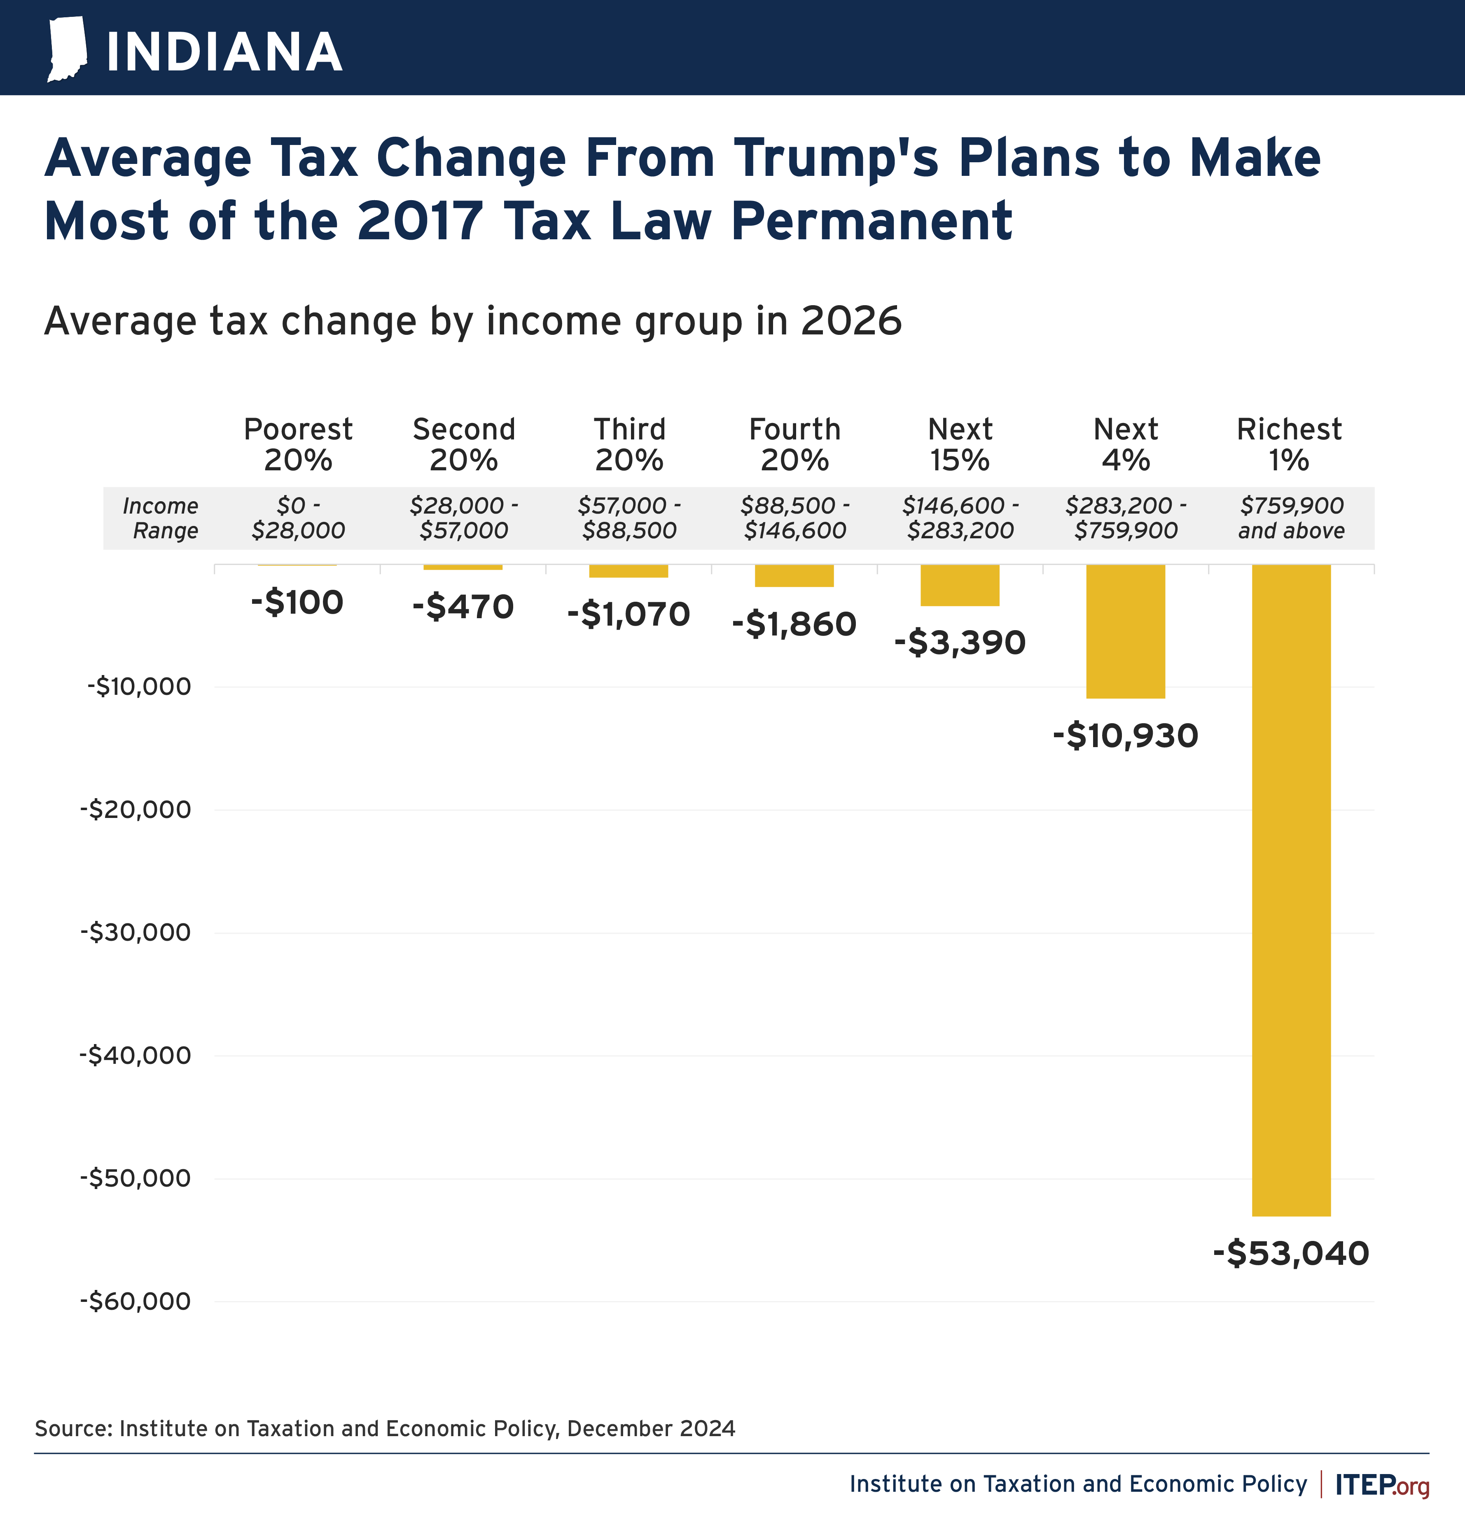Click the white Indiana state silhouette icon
coord(67,49)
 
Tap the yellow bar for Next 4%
coord(1125,631)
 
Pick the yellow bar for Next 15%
coord(960,585)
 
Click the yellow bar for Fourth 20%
coord(794,575)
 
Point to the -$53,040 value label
coord(1291,1253)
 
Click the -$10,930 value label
coord(1125,736)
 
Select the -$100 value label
coord(297,602)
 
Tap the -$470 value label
coord(463,607)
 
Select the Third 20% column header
coord(629,444)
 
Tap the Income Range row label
coord(161,518)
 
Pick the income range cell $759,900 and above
coord(1292,518)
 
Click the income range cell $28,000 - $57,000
coord(464,518)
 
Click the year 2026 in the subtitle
coord(851,321)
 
